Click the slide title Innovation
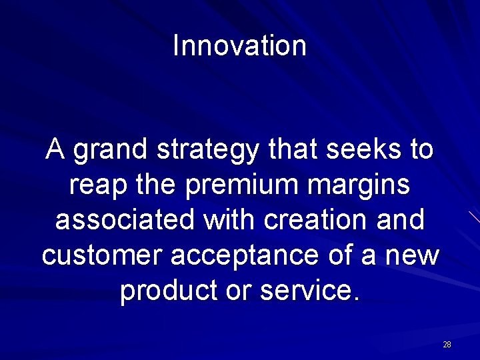(x=239, y=46)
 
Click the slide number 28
(x=447, y=345)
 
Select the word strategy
(x=209, y=151)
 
